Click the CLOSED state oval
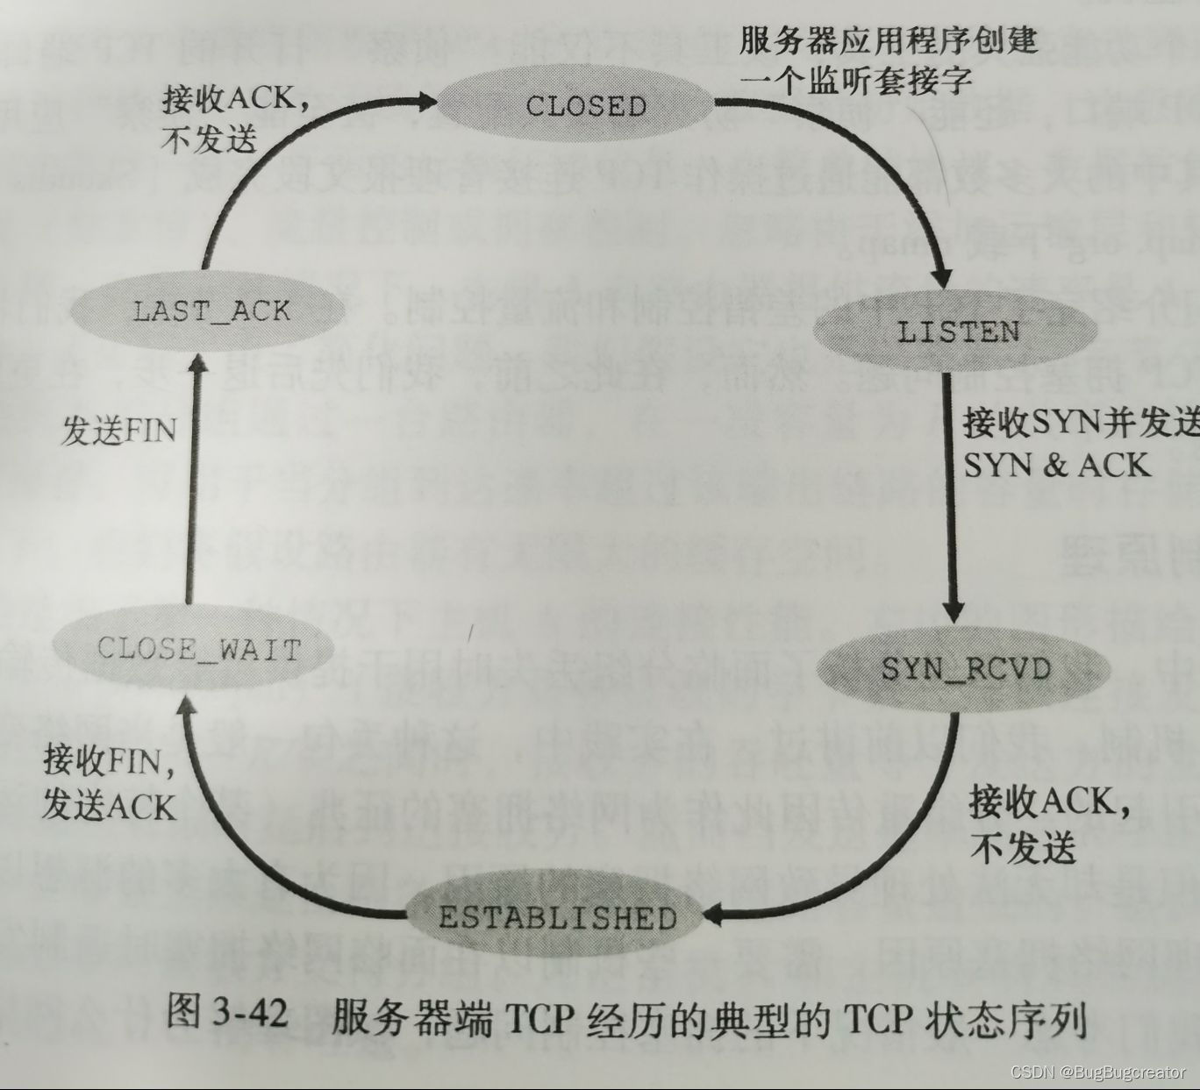tap(585, 106)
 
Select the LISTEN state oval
tap(958, 331)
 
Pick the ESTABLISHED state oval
tap(557, 917)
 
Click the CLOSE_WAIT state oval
tap(198, 649)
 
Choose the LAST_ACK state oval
tap(211, 310)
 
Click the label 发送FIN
tap(118, 431)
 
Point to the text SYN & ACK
tap(1056, 465)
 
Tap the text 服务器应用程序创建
tap(889, 41)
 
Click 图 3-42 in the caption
tap(226, 1015)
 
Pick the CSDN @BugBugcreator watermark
tap(1097, 1072)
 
